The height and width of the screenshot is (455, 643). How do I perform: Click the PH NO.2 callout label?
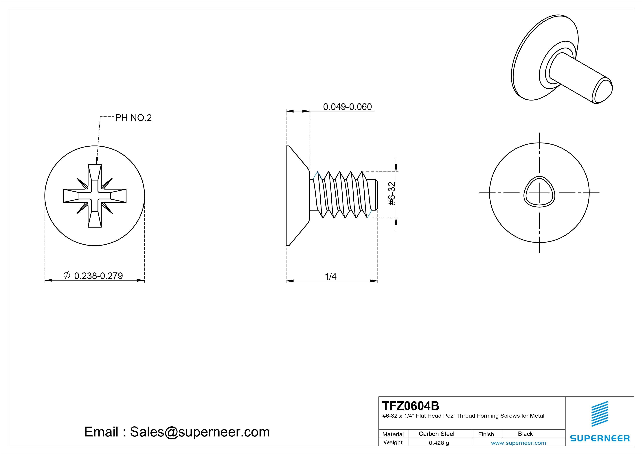[133, 118]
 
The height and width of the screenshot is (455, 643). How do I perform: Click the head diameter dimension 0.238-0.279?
[98, 276]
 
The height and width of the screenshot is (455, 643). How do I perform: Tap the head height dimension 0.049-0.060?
[347, 107]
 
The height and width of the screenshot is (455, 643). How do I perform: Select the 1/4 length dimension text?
[330, 276]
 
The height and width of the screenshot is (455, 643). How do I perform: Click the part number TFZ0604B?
[411, 406]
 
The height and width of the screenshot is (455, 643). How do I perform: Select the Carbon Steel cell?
[436, 434]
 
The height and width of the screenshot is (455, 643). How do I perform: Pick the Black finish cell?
[525, 434]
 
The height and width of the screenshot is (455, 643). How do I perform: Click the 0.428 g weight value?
[439, 443]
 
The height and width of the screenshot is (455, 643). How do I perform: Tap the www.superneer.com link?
[518, 443]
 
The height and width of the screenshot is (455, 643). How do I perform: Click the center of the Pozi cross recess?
[95, 196]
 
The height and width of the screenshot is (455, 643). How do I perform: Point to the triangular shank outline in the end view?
[539, 192]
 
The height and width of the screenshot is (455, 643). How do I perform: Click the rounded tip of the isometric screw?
[602, 91]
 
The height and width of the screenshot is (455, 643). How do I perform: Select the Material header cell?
[393, 434]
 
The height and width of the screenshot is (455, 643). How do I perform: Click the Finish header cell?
[486, 434]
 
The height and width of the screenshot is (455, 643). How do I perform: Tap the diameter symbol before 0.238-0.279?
[67, 275]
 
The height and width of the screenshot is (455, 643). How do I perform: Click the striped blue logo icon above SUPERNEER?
[600, 414]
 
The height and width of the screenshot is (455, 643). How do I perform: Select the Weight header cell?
[393, 442]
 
